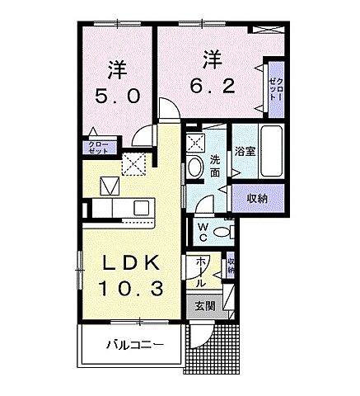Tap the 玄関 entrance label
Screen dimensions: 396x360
(205, 304)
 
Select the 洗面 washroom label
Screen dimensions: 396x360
(213, 165)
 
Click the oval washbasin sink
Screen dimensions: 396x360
(195, 167)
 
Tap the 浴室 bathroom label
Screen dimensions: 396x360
(245, 152)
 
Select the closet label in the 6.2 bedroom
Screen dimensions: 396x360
(274, 84)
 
